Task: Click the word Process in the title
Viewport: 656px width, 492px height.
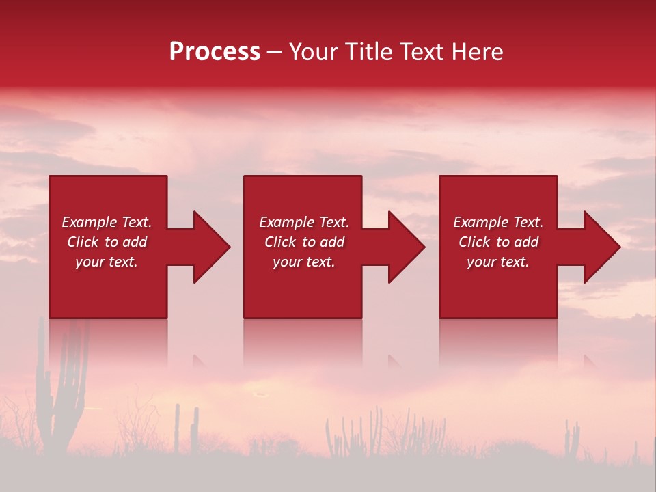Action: tap(215, 52)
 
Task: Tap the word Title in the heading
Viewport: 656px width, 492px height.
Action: tap(367, 52)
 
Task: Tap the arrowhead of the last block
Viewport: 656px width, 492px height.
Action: tap(601, 247)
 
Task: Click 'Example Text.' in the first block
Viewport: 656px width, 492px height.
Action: tap(107, 222)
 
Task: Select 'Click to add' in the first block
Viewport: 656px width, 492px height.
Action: tap(107, 242)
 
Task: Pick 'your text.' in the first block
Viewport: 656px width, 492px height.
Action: tap(107, 262)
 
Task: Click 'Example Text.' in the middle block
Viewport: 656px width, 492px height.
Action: tap(304, 222)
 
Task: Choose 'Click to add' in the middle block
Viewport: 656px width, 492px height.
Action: tap(304, 242)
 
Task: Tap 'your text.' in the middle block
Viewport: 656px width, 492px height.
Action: tap(304, 262)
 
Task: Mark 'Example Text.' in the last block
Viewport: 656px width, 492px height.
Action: tap(498, 222)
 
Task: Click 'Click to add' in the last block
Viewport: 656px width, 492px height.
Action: tap(498, 242)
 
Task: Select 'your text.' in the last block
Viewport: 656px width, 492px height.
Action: tap(498, 262)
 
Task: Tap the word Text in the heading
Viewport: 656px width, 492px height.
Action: tap(420, 52)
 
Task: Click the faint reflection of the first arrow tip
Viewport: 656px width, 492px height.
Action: tap(200, 361)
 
